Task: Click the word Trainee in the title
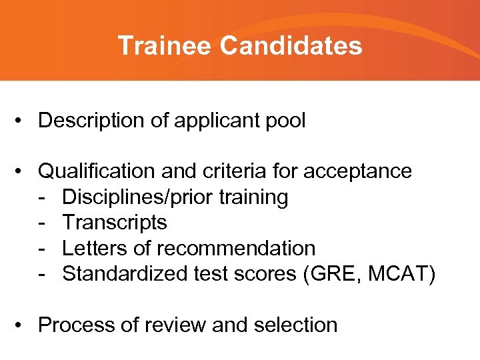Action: point(165,46)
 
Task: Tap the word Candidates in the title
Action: point(291,46)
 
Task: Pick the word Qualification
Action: point(98,171)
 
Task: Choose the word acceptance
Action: point(357,171)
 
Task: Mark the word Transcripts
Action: point(114,223)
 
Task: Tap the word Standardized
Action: point(124,273)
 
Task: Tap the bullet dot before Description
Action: point(23,121)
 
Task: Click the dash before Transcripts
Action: point(42,223)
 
